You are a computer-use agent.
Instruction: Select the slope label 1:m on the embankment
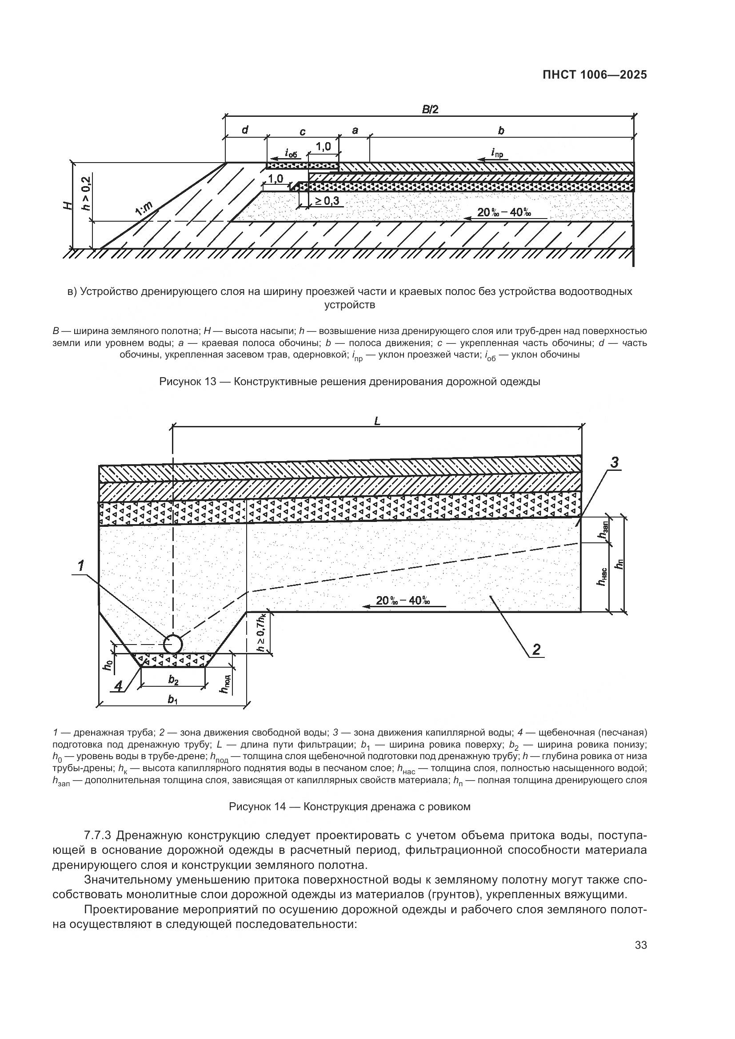click(x=144, y=209)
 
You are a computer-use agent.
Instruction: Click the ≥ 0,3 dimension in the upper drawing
click(x=327, y=201)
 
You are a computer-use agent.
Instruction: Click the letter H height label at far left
click(x=68, y=206)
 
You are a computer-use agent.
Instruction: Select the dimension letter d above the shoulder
click(x=245, y=130)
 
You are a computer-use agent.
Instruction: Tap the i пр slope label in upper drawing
click(x=497, y=152)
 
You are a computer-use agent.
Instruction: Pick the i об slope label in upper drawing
click(x=291, y=152)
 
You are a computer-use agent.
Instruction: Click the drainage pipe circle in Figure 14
click(x=173, y=644)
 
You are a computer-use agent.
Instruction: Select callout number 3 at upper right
click(x=614, y=463)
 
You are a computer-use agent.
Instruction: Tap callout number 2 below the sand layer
click(x=536, y=650)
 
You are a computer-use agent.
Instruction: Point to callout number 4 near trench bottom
click(x=118, y=687)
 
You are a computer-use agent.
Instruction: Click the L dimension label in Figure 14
click(x=377, y=421)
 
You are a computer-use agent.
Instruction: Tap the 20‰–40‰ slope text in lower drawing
click(x=402, y=601)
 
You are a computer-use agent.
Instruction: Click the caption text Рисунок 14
click(x=349, y=806)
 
